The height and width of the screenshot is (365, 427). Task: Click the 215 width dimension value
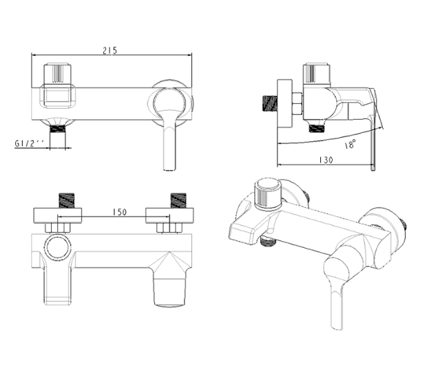(110, 50)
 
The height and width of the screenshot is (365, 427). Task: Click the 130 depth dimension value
(326, 160)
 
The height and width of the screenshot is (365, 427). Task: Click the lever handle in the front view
(169, 145)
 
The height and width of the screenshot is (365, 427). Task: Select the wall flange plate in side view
(283, 104)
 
